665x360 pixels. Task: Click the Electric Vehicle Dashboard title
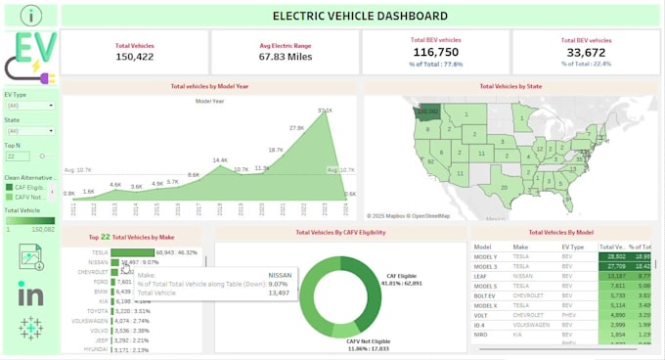(x=360, y=16)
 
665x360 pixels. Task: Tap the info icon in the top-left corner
(x=32, y=15)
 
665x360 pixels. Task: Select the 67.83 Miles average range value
(x=285, y=58)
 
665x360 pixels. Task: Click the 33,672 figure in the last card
(x=586, y=53)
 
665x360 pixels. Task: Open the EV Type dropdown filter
(x=30, y=105)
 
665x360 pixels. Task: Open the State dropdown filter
(x=30, y=130)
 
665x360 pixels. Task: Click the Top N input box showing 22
(x=18, y=156)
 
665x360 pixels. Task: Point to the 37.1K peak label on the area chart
(x=325, y=111)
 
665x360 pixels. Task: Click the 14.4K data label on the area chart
(x=220, y=160)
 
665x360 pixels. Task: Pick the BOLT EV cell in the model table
(x=486, y=294)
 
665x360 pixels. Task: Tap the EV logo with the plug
(x=31, y=54)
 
